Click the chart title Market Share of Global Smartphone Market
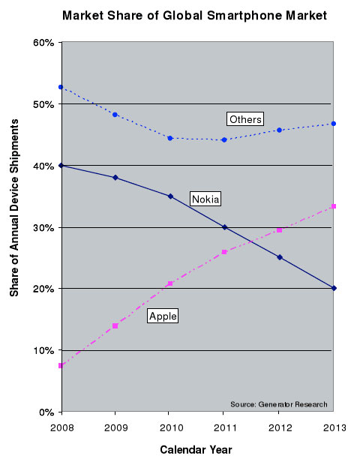coord(194,16)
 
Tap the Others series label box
coord(245,119)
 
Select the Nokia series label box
coord(205,199)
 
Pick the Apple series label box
coord(163,316)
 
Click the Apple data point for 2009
coord(115,326)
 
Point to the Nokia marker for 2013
coord(334,288)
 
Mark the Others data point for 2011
coord(224,139)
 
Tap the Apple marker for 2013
coord(334,206)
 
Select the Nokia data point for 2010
coord(170,196)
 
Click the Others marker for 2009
coord(115,115)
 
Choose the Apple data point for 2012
coord(279,230)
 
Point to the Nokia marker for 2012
coord(279,257)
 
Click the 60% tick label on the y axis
coord(43,43)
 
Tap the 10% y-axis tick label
coord(43,350)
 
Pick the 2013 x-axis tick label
coord(334,427)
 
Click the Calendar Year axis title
coord(196,449)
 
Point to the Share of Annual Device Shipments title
coord(14,208)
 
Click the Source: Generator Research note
coord(279,404)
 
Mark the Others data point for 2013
coord(334,123)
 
